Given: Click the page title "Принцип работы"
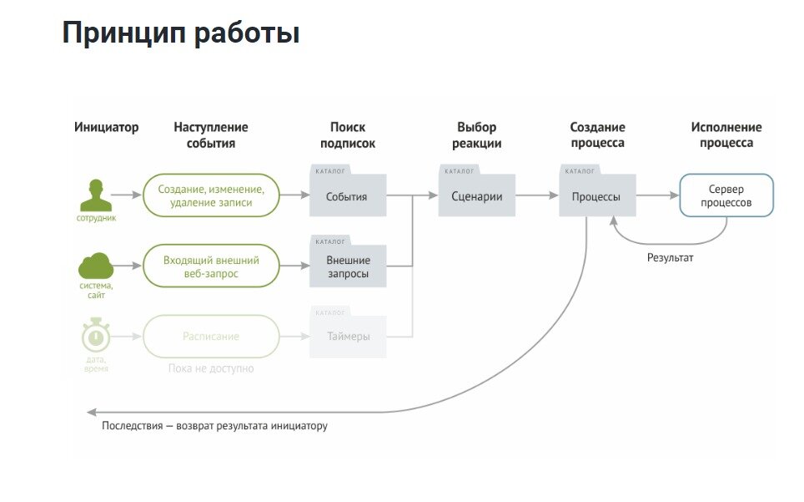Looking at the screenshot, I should point(180,33).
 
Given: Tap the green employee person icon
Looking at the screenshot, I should point(96,195).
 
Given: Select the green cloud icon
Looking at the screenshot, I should point(96,266).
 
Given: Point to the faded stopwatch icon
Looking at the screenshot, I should point(96,336).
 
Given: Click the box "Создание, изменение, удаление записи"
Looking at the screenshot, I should point(211,195).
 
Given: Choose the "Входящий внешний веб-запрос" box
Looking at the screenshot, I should point(211,266).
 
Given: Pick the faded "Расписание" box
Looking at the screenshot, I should point(211,337).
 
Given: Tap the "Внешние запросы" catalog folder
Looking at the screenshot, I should point(347,266).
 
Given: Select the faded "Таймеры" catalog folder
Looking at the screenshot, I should point(347,337).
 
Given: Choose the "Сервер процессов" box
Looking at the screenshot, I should point(726,195).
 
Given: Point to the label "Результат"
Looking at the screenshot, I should point(670,258).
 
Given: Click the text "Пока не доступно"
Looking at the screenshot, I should point(211,368).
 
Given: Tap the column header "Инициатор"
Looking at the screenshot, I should point(106,128).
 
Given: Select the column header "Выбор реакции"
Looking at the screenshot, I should point(476,135).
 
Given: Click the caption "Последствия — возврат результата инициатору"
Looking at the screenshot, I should point(214,426).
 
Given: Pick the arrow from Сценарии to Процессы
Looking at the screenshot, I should point(536,195).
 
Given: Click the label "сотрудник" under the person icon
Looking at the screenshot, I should point(96,218).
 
